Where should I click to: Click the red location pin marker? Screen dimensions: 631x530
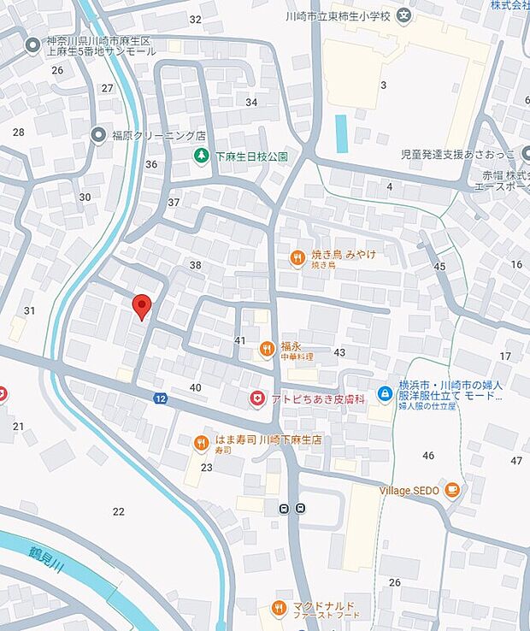point(143,305)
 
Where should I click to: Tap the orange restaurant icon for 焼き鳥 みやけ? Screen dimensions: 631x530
point(297,257)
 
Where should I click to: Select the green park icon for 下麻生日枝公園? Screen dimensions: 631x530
point(201,156)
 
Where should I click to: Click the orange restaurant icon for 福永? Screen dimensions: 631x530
point(267,349)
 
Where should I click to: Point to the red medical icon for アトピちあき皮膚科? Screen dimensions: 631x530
point(256,398)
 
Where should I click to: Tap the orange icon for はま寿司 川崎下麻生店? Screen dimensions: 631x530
point(201,442)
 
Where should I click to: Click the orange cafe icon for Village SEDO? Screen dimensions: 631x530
point(452,491)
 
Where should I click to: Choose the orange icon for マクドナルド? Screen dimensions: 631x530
point(278,608)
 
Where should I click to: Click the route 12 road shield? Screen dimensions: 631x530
point(160,398)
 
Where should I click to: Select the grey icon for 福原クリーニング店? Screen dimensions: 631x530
point(98,134)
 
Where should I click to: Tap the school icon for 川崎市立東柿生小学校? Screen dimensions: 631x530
point(404,15)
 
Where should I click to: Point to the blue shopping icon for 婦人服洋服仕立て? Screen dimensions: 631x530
point(385,392)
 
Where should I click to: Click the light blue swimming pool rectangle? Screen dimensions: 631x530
point(342,133)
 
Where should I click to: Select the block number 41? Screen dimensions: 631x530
point(240,340)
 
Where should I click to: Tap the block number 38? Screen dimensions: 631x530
point(195,265)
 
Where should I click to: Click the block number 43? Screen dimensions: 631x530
point(339,352)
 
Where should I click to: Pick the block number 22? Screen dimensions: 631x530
point(118,511)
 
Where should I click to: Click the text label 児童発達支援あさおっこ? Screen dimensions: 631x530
point(446,155)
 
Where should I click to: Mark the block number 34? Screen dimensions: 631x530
point(251,103)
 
